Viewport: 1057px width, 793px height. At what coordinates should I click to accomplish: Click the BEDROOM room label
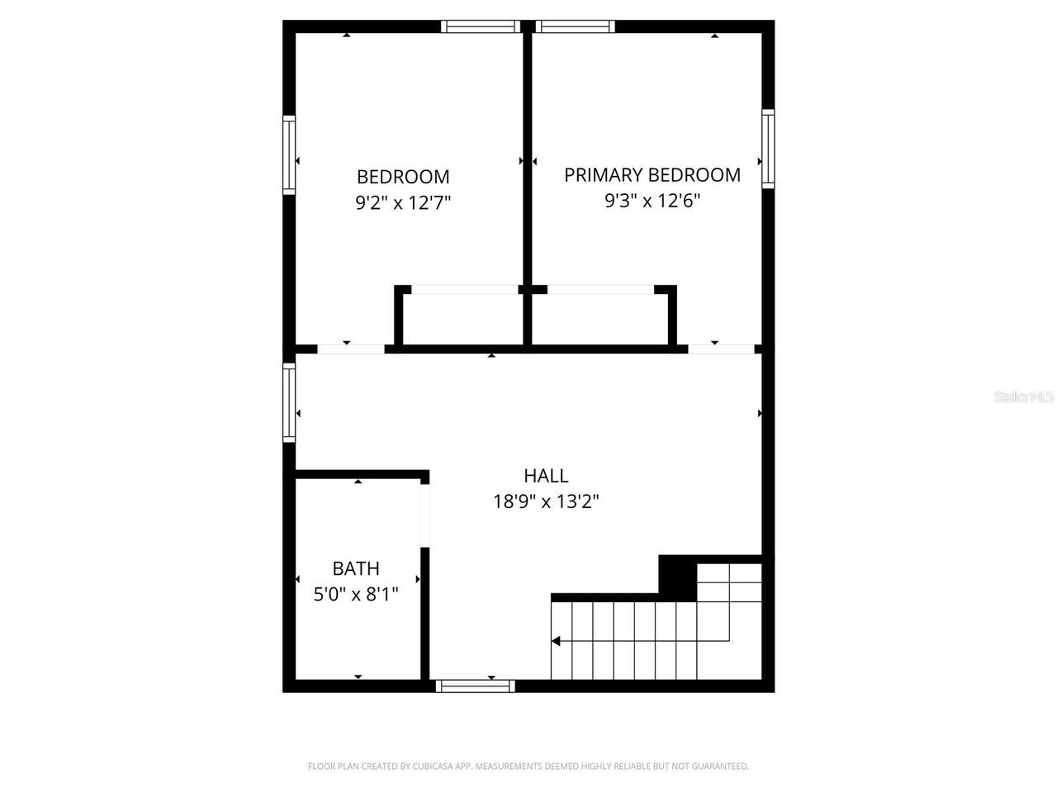[x=403, y=177]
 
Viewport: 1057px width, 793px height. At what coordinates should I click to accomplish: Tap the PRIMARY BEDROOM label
[x=652, y=175]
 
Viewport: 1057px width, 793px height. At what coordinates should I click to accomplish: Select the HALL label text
[x=546, y=476]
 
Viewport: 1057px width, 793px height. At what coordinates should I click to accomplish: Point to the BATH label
[x=356, y=568]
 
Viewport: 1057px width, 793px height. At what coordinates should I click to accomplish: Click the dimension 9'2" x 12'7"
[x=403, y=202]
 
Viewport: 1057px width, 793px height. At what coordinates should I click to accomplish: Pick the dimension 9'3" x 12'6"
[x=652, y=201]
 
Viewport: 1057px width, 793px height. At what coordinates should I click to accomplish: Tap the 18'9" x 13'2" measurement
[x=546, y=501]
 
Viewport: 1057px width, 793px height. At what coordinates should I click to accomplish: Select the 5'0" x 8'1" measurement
[x=356, y=594]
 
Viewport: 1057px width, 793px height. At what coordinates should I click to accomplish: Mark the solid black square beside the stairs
[x=677, y=577]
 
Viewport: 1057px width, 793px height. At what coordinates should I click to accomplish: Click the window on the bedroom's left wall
[x=289, y=154]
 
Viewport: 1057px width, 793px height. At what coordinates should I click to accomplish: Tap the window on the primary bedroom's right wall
[x=768, y=150]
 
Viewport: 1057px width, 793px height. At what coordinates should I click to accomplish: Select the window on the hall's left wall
[x=289, y=402]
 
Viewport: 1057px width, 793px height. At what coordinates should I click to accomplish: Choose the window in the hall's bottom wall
[x=475, y=686]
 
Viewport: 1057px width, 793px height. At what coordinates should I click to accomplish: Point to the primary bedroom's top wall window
[x=575, y=26]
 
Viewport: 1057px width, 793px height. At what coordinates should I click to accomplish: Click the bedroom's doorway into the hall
[x=351, y=349]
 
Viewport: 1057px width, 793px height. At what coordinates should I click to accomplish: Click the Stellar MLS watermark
[x=1024, y=397]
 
